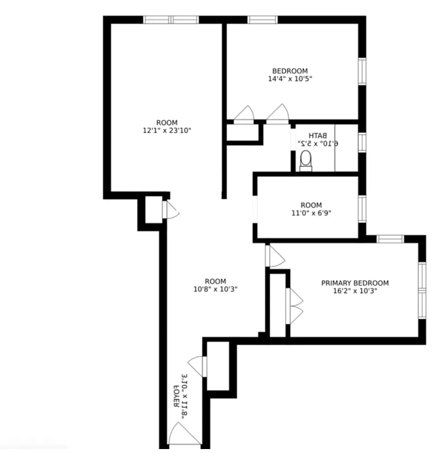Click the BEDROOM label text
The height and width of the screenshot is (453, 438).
(290, 71)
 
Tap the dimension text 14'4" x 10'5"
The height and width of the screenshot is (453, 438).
(290, 79)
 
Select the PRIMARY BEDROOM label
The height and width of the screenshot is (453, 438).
(355, 283)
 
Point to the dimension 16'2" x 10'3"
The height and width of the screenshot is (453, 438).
(355, 291)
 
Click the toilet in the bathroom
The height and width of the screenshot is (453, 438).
(306, 160)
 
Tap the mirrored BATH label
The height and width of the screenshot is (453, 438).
(318, 135)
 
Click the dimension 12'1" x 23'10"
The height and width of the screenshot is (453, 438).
(167, 131)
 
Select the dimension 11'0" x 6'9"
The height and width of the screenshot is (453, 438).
(311, 213)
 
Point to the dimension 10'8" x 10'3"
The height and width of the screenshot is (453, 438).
(215, 289)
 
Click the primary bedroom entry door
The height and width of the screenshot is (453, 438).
(275, 256)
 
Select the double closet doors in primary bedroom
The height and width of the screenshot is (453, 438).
(295, 306)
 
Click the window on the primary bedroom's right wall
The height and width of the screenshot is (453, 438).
(422, 289)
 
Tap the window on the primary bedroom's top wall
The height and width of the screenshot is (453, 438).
(390, 239)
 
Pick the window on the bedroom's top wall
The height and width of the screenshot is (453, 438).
(262, 20)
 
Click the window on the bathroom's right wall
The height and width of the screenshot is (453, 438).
(362, 142)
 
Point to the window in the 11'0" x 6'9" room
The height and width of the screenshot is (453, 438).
(362, 208)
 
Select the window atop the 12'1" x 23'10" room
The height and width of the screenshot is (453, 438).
(171, 20)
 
